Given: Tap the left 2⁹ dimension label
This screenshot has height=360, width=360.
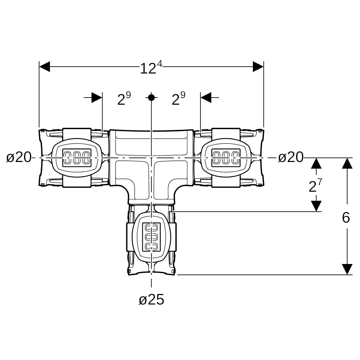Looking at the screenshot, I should pos(124,99).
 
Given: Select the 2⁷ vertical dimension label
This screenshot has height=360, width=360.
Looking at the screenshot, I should pos(315,186).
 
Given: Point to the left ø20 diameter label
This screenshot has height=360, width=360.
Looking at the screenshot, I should pos(19,157).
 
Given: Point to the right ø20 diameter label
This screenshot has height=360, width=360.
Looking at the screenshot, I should pos(290,157).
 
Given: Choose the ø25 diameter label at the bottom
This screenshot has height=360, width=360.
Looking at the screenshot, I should pos(151,299).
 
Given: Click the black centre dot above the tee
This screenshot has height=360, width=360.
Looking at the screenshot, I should pos(151,97).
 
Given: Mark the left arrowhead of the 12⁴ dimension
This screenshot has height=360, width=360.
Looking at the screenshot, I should pos(45,67).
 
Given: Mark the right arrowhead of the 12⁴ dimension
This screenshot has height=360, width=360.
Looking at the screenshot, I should pos(258,67).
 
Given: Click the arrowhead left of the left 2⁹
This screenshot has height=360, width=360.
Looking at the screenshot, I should pos(97,97).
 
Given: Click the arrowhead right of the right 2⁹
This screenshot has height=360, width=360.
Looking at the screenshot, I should pos(206,97).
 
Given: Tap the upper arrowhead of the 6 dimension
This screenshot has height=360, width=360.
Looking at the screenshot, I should pos(347,163).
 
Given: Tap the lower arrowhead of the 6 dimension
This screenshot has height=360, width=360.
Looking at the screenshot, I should pos(347,269).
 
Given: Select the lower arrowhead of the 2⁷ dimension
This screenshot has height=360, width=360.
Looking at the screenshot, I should pos(316,206).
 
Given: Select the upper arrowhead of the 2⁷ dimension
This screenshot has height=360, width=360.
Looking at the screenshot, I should pos(316,163).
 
